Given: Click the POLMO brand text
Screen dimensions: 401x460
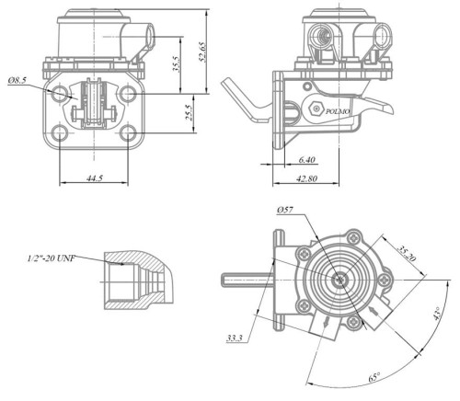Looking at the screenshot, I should click(339, 109).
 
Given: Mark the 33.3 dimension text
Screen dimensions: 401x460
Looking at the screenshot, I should click(235, 339).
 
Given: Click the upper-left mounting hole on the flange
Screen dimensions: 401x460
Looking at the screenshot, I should click(62, 95).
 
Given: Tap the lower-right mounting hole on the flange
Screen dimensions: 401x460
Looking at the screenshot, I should click(128, 134).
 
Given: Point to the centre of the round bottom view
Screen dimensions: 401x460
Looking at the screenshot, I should click(341, 280).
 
